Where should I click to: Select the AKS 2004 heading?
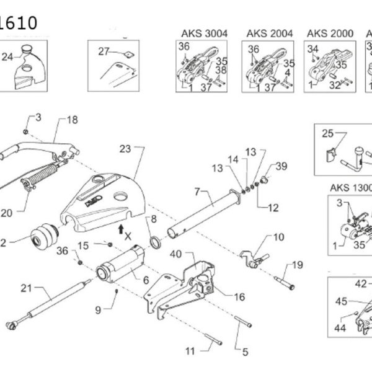[x=268, y=33]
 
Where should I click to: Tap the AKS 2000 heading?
[x=330, y=33]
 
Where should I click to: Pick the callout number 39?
[x=281, y=166]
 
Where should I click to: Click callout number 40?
[x=175, y=253]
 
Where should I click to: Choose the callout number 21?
[x=26, y=287]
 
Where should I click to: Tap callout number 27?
[x=104, y=51]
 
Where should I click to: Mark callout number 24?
[x=7, y=57]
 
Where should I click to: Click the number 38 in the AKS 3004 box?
[x=221, y=71]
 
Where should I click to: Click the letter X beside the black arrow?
[x=128, y=236]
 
